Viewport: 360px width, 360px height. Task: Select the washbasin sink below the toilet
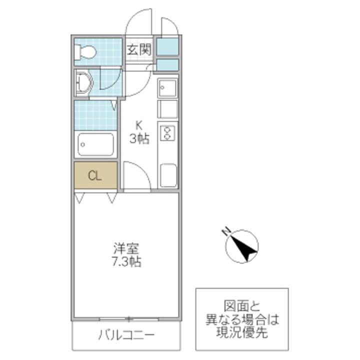point(83,82)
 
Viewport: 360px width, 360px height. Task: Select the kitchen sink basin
point(167,88)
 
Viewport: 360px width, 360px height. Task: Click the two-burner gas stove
point(167,133)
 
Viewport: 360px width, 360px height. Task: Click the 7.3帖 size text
point(126,261)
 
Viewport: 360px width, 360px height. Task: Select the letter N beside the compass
point(226,230)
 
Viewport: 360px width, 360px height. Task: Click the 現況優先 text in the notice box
point(241,332)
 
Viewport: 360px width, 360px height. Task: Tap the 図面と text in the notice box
point(241,305)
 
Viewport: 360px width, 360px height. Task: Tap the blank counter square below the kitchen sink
point(167,109)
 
